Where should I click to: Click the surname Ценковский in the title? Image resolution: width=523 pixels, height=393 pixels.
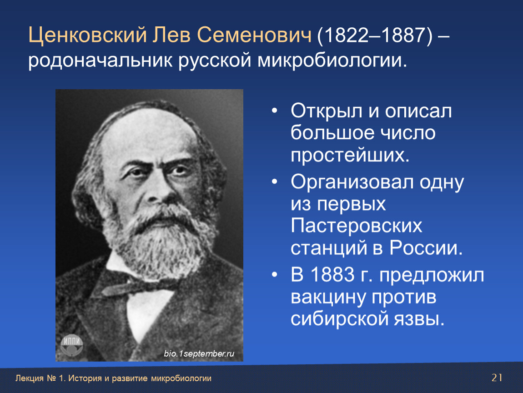tap(88, 35)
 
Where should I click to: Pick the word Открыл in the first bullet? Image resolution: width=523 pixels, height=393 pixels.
tap(326, 111)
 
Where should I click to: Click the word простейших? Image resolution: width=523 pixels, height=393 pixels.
tap(350, 155)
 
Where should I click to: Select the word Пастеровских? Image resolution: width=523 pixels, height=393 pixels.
tap(356, 226)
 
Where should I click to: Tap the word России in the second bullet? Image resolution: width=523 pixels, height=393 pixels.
tap(426, 248)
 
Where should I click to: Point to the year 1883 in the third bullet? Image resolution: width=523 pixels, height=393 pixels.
tap(332, 275)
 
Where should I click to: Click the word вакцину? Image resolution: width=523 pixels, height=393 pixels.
tap(328, 298)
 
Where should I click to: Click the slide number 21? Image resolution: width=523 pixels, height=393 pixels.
tap(497, 378)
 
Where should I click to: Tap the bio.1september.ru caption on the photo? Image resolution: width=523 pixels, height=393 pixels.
tap(199, 353)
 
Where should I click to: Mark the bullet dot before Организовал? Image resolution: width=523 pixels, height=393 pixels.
tap(275, 182)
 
